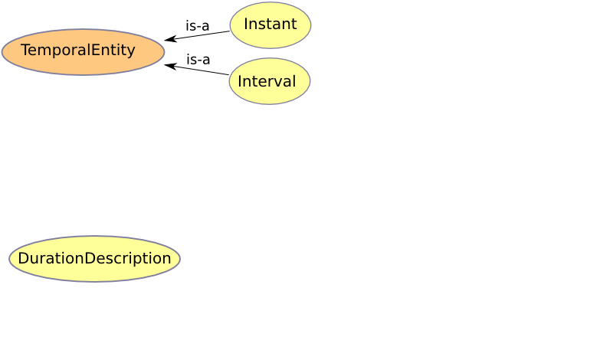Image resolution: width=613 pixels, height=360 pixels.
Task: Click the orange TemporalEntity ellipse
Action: click(x=83, y=51)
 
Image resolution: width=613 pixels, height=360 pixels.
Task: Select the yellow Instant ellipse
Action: click(x=270, y=25)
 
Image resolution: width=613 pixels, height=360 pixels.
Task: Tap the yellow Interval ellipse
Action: click(x=270, y=81)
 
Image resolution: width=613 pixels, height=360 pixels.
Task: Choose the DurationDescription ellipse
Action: click(x=94, y=258)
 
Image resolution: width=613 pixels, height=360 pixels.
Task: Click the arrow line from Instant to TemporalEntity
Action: click(x=197, y=35)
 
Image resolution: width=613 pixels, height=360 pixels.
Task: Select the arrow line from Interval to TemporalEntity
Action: click(x=197, y=70)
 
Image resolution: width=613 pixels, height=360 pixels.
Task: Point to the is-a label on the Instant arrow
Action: click(x=198, y=26)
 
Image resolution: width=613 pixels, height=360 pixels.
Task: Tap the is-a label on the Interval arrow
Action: click(x=198, y=60)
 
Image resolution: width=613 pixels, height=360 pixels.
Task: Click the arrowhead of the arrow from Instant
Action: click(x=170, y=39)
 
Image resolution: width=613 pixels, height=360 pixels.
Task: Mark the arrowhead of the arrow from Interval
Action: click(x=170, y=66)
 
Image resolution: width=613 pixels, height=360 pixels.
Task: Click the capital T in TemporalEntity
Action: click(x=25, y=50)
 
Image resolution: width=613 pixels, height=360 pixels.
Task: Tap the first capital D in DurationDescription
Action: click(x=23, y=258)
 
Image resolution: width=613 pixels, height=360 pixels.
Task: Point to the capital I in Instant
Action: click(x=246, y=25)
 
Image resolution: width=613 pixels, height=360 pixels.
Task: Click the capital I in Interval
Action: click(x=240, y=81)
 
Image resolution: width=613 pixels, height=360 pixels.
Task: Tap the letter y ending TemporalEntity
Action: click(x=131, y=52)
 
